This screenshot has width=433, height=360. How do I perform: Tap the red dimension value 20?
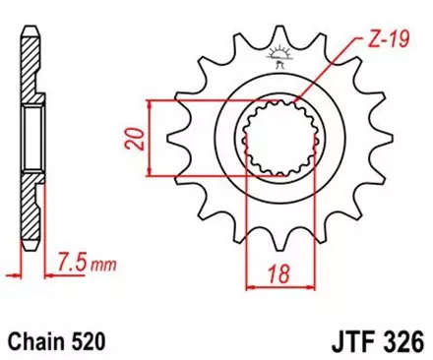[x=135, y=138]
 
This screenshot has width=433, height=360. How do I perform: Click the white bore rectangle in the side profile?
[x=32, y=137]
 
